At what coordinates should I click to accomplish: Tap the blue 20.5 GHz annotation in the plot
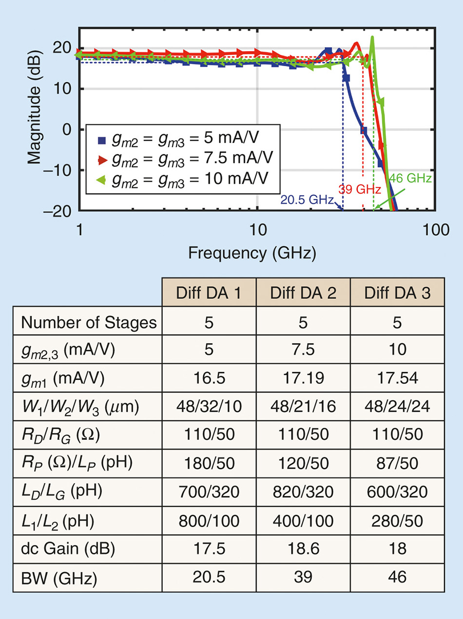pyautogui.click(x=307, y=200)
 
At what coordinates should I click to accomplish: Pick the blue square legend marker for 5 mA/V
pyautogui.click(x=102, y=138)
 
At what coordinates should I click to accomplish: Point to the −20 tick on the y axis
pyautogui.click(x=60, y=211)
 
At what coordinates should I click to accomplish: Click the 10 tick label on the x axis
pyautogui.click(x=257, y=230)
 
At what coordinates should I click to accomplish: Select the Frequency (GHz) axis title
pyautogui.click(x=252, y=253)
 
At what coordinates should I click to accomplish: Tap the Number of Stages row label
pyautogui.click(x=90, y=323)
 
